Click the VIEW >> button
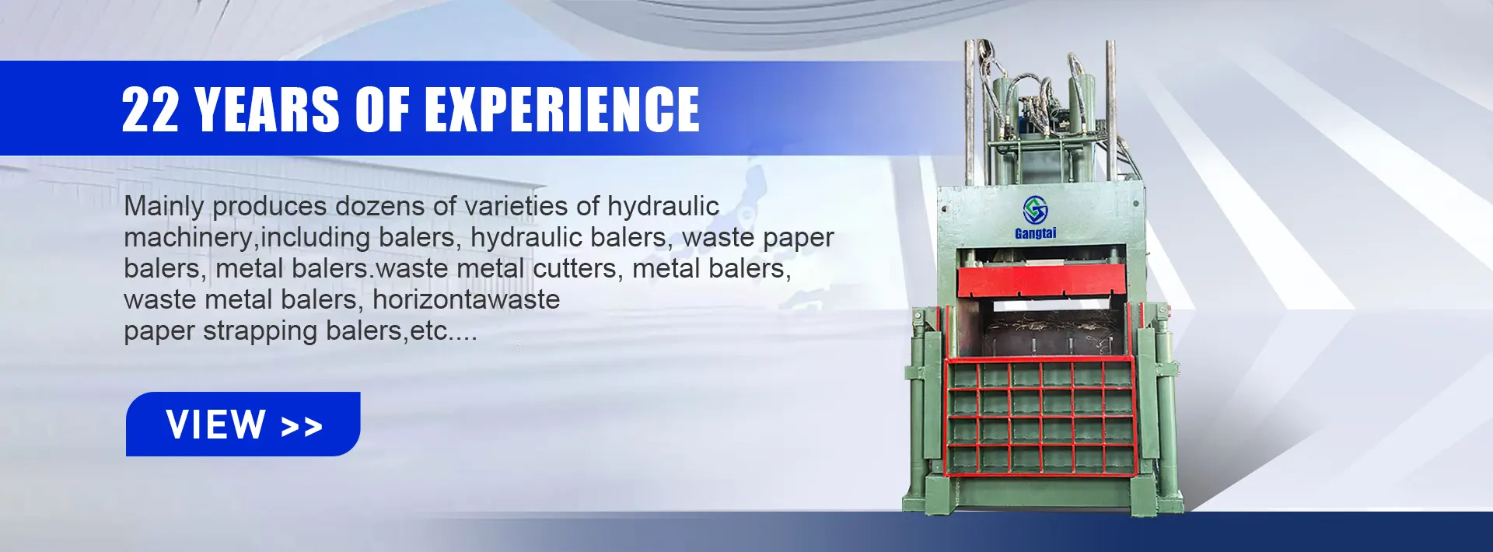click(243, 424)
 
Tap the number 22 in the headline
click(150, 109)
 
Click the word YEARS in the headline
click(267, 109)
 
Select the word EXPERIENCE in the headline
click(561, 109)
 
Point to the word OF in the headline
click(382, 109)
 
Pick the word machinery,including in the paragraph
click(247, 238)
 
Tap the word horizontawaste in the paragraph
click(466, 299)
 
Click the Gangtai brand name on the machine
click(1036, 233)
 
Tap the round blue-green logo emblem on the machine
click(1035, 209)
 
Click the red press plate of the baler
click(1041, 280)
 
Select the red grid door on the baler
click(1040, 417)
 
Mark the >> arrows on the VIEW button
click(302, 426)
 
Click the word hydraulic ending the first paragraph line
click(663, 207)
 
